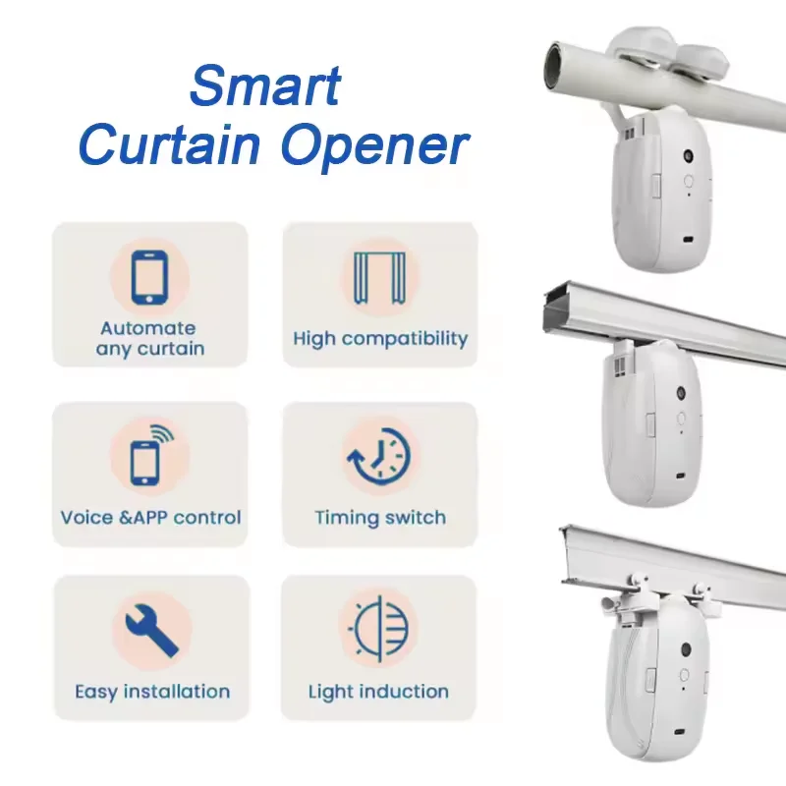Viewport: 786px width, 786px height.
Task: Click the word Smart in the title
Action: [x=265, y=85]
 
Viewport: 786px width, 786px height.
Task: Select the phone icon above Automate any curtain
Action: [x=148, y=276]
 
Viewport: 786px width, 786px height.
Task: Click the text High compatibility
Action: [x=380, y=339]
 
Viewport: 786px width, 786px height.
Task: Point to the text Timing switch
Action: [x=380, y=517]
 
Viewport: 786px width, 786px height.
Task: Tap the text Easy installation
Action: [x=152, y=692]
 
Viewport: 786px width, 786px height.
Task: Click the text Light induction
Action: [x=378, y=692]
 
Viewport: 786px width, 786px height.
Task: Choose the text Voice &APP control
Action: [x=150, y=517]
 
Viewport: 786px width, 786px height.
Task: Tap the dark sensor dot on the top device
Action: [x=687, y=156]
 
